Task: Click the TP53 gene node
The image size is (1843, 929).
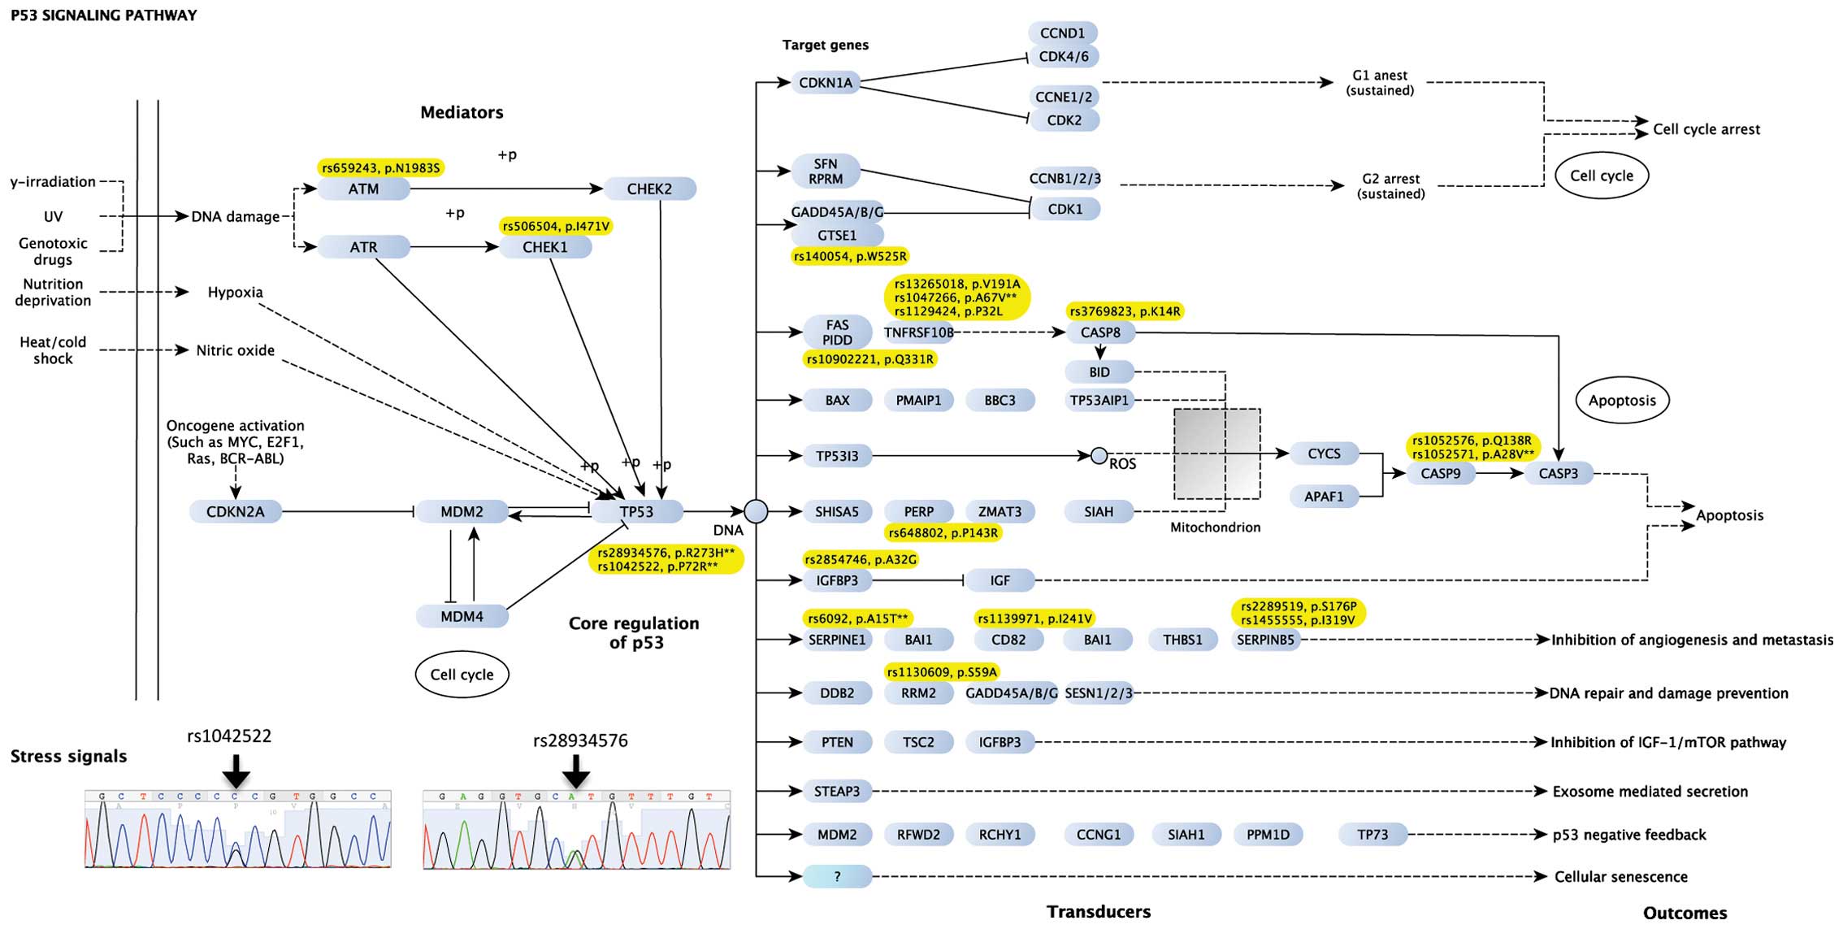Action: click(x=636, y=511)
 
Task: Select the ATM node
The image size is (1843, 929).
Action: click(x=363, y=189)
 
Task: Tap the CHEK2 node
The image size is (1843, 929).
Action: click(x=649, y=189)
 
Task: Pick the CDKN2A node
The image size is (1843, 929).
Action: click(x=235, y=511)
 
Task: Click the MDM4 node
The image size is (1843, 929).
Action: click(x=462, y=616)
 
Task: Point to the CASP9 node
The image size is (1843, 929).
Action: click(x=1440, y=473)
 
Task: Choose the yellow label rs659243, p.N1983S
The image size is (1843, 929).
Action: click(x=380, y=168)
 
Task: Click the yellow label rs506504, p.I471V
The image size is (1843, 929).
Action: click(x=556, y=226)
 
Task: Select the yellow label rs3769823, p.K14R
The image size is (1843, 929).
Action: click(x=1125, y=311)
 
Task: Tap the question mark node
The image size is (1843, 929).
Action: click(x=837, y=876)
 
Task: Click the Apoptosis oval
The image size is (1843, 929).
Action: click(x=1622, y=400)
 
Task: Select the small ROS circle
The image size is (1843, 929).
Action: click(x=1099, y=456)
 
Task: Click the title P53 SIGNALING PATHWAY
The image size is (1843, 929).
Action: click(x=103, y=15)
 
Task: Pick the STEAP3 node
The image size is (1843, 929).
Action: click(x=837, y=791)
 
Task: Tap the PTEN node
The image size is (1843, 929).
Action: click(x=837, y=742)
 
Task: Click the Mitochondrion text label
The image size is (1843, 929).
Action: click(x=1215, y=527)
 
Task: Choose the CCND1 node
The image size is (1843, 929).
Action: click(x=1063, y=33)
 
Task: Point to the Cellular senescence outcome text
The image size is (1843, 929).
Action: click(x=1620, y=877)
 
